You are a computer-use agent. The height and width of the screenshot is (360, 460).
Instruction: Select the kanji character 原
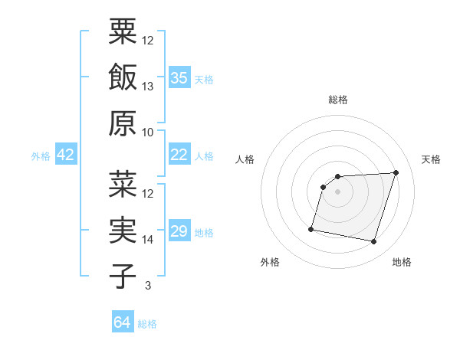[x=123, y=123]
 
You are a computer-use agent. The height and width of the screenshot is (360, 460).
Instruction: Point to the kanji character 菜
[x=123, y=184]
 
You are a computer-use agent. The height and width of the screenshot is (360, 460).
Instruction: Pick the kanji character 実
[x=123, y=230]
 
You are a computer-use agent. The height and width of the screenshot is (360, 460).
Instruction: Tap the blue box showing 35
[x=179, y=77]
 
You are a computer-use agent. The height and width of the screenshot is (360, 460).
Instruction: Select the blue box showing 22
[x=179, y=155]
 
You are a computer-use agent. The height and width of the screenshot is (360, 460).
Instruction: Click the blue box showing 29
[x=179, y=231]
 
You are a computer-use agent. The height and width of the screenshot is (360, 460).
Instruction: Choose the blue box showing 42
[x=66, y=155]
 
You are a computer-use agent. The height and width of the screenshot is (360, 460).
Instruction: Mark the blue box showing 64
[x=123, y=322]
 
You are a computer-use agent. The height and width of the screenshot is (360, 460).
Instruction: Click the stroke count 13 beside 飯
[x=148, y=86]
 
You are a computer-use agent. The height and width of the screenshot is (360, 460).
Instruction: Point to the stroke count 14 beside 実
[x=148, y=239]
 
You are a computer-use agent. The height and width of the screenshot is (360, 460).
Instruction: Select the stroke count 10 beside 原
[x=148, y=132]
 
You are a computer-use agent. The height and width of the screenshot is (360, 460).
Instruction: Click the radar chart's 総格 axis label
[x=337, y=100]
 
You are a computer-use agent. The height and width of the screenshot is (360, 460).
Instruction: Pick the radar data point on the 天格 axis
[x=396, y=172]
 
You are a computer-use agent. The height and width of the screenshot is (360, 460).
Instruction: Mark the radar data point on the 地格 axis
[x=373, y=241]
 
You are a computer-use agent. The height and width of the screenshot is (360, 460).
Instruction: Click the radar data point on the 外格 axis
[x=311, y=228]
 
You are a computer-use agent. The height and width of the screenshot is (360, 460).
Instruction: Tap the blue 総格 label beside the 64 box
[x=147, y=323]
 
